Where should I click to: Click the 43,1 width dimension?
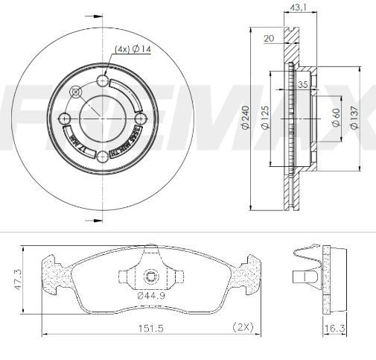(x=296, y=9)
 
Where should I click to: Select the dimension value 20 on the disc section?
(x=269, y=38)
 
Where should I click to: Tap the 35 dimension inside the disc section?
(x=302, y=85)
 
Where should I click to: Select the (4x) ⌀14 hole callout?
(x=133, y=49)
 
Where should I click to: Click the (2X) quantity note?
(x=243, y=326)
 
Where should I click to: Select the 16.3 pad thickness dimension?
(x=335, y=326)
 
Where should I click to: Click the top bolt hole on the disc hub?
(x=103, y=81)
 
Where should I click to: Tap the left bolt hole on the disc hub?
(x=66, y=118)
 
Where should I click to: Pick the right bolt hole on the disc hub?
(x=138, y=118)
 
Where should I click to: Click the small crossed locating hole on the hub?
(x=76, y=92)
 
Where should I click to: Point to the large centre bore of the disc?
(x=102, y=118)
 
